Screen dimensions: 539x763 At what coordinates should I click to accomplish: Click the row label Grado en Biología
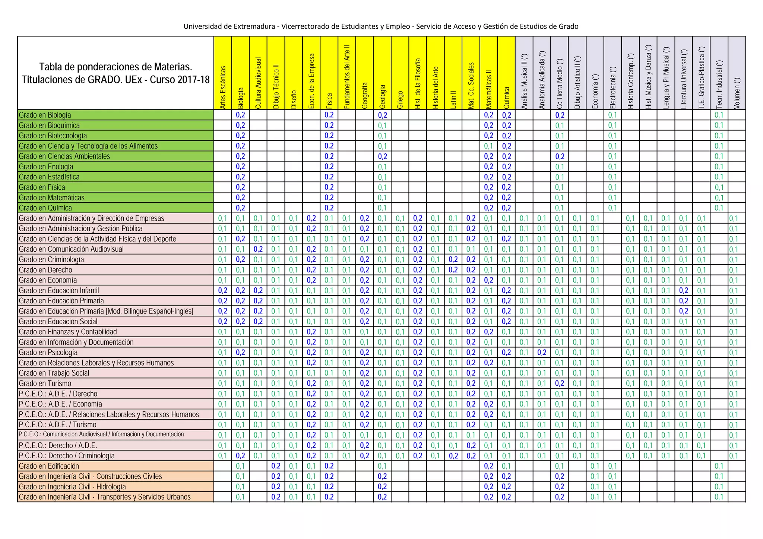coord(45,115)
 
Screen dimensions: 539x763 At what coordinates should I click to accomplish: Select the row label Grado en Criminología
coord(51,259)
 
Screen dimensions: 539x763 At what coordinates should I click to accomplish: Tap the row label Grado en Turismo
coord(45,383)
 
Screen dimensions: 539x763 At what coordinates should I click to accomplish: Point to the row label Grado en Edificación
coord(49,466)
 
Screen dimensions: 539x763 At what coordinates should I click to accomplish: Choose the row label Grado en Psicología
coord(48,353)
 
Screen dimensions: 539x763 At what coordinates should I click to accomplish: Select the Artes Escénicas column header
coord(223,87)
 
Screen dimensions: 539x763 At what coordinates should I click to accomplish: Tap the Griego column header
coord(400,99)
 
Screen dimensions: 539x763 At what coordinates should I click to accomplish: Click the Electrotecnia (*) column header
coord(613,88)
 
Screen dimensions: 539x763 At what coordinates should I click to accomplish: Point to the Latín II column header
coord(453,99)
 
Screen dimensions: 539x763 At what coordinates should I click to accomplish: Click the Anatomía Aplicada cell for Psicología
coord(542,353)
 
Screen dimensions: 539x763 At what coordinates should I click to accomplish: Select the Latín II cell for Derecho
coord(453,270)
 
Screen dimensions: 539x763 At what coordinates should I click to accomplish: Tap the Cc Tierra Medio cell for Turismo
coord(560,383)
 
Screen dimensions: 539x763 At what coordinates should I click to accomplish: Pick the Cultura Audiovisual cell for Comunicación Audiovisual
coord(258,249)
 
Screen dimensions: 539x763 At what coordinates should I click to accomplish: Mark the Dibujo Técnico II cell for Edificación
coord(276,466)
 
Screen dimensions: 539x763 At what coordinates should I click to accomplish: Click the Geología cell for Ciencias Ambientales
coord(383,156)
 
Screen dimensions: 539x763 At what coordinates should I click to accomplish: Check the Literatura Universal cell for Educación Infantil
coord(684,290)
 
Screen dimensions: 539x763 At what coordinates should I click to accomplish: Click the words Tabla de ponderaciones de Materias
coord(115,67)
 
